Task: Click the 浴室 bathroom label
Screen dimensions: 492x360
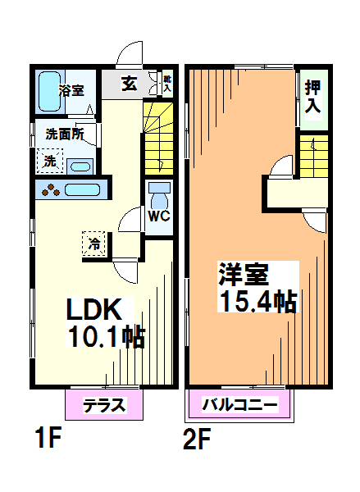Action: click(x=71, y=90)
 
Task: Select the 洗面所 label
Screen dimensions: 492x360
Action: click(x=64, y=134)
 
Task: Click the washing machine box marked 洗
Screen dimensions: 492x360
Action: click(x=51, y=162)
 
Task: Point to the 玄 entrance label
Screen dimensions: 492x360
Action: click(x=130, y=82)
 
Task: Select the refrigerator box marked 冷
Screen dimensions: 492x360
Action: click(x=94, y=244)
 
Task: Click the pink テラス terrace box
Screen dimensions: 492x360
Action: click(x=104, y=403)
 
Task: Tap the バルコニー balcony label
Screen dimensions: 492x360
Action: click(x=240, y=404)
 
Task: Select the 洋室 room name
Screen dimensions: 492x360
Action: click(x=244, y=273)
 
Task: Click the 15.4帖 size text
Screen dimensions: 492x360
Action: click(x=257, y=301)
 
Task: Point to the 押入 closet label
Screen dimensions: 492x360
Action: click(x=312, y=96)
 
